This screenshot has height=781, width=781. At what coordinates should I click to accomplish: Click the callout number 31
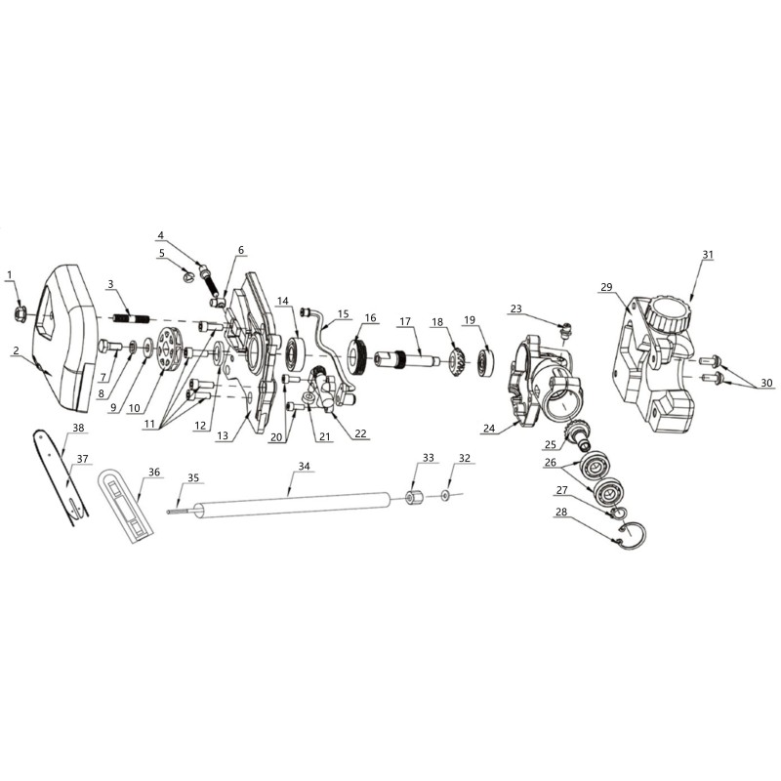tap(708, 255)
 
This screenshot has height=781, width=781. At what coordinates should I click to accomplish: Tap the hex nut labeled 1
tap(20, 313)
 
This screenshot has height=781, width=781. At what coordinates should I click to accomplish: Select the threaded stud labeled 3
tap(130, 317)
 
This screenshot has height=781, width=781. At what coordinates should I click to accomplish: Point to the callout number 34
tap(305, 466)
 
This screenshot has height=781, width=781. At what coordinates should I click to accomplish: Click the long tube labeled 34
tap(294, 506)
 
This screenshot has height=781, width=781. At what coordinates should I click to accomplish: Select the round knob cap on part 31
tap(668, 313)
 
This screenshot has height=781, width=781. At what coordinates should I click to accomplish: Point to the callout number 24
tap(490, 428)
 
